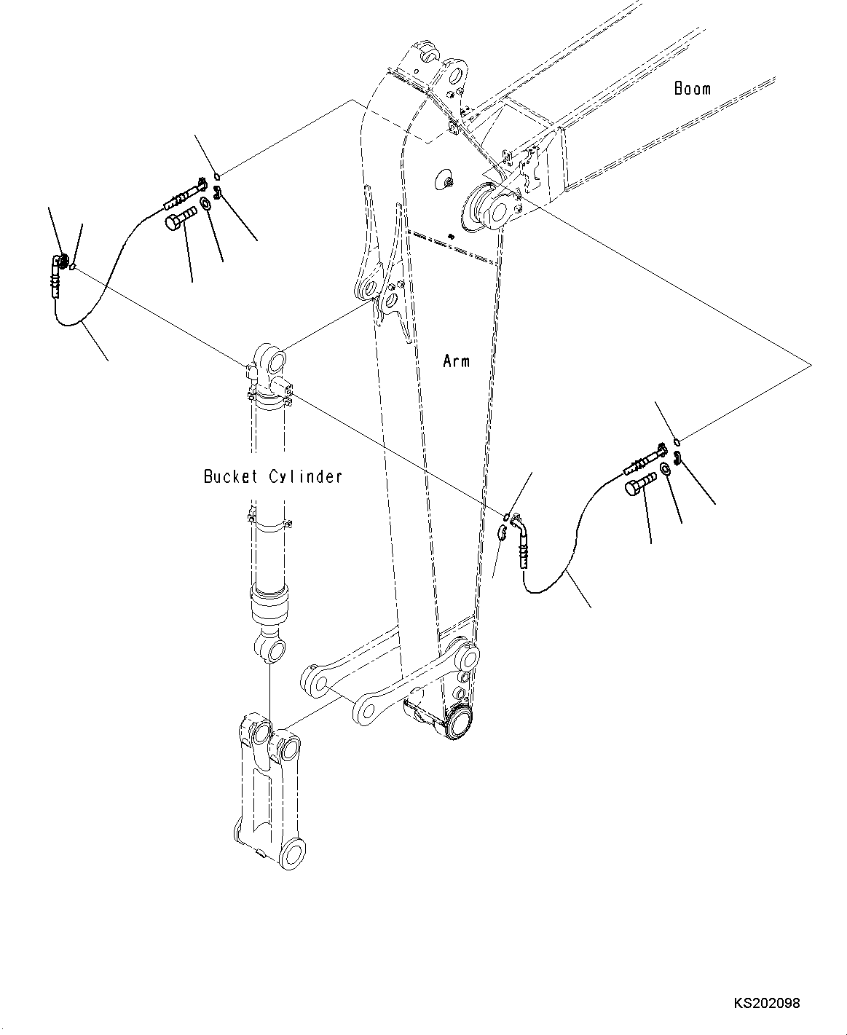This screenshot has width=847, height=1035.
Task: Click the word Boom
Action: (692, 88)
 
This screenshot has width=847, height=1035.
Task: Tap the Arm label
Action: (456, 361)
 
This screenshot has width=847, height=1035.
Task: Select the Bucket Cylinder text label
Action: (272, 476)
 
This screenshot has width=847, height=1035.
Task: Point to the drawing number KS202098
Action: (766, 1003)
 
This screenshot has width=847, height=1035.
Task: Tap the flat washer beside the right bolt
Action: (666, 469)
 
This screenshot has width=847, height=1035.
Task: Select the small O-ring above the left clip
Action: (218, 175)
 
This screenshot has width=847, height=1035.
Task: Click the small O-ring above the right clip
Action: (677, 441)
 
